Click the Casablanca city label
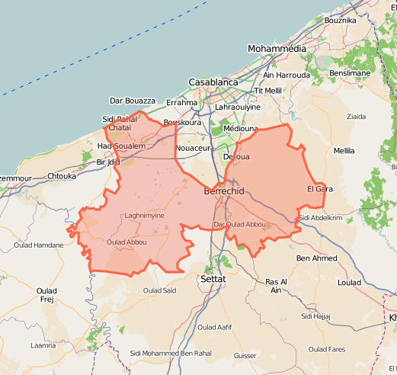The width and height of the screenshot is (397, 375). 213,82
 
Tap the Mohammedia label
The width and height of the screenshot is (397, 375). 276,48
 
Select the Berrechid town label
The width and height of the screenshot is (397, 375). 224,191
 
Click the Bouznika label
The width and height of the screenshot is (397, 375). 340,20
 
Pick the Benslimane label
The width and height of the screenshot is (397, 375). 350,73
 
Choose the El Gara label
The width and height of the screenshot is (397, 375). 320,188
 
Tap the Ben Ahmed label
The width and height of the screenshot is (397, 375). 315,258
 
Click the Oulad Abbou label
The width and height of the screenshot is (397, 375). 126,242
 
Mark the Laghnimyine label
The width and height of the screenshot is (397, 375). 144,216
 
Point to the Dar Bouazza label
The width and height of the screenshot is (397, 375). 133,101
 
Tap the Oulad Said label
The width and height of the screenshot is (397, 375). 159,290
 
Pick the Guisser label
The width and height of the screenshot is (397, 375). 245,355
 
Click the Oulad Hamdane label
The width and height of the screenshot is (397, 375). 38,245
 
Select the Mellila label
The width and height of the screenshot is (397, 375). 344,151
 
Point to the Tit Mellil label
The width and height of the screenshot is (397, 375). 267,91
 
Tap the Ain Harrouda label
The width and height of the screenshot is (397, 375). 287,75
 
